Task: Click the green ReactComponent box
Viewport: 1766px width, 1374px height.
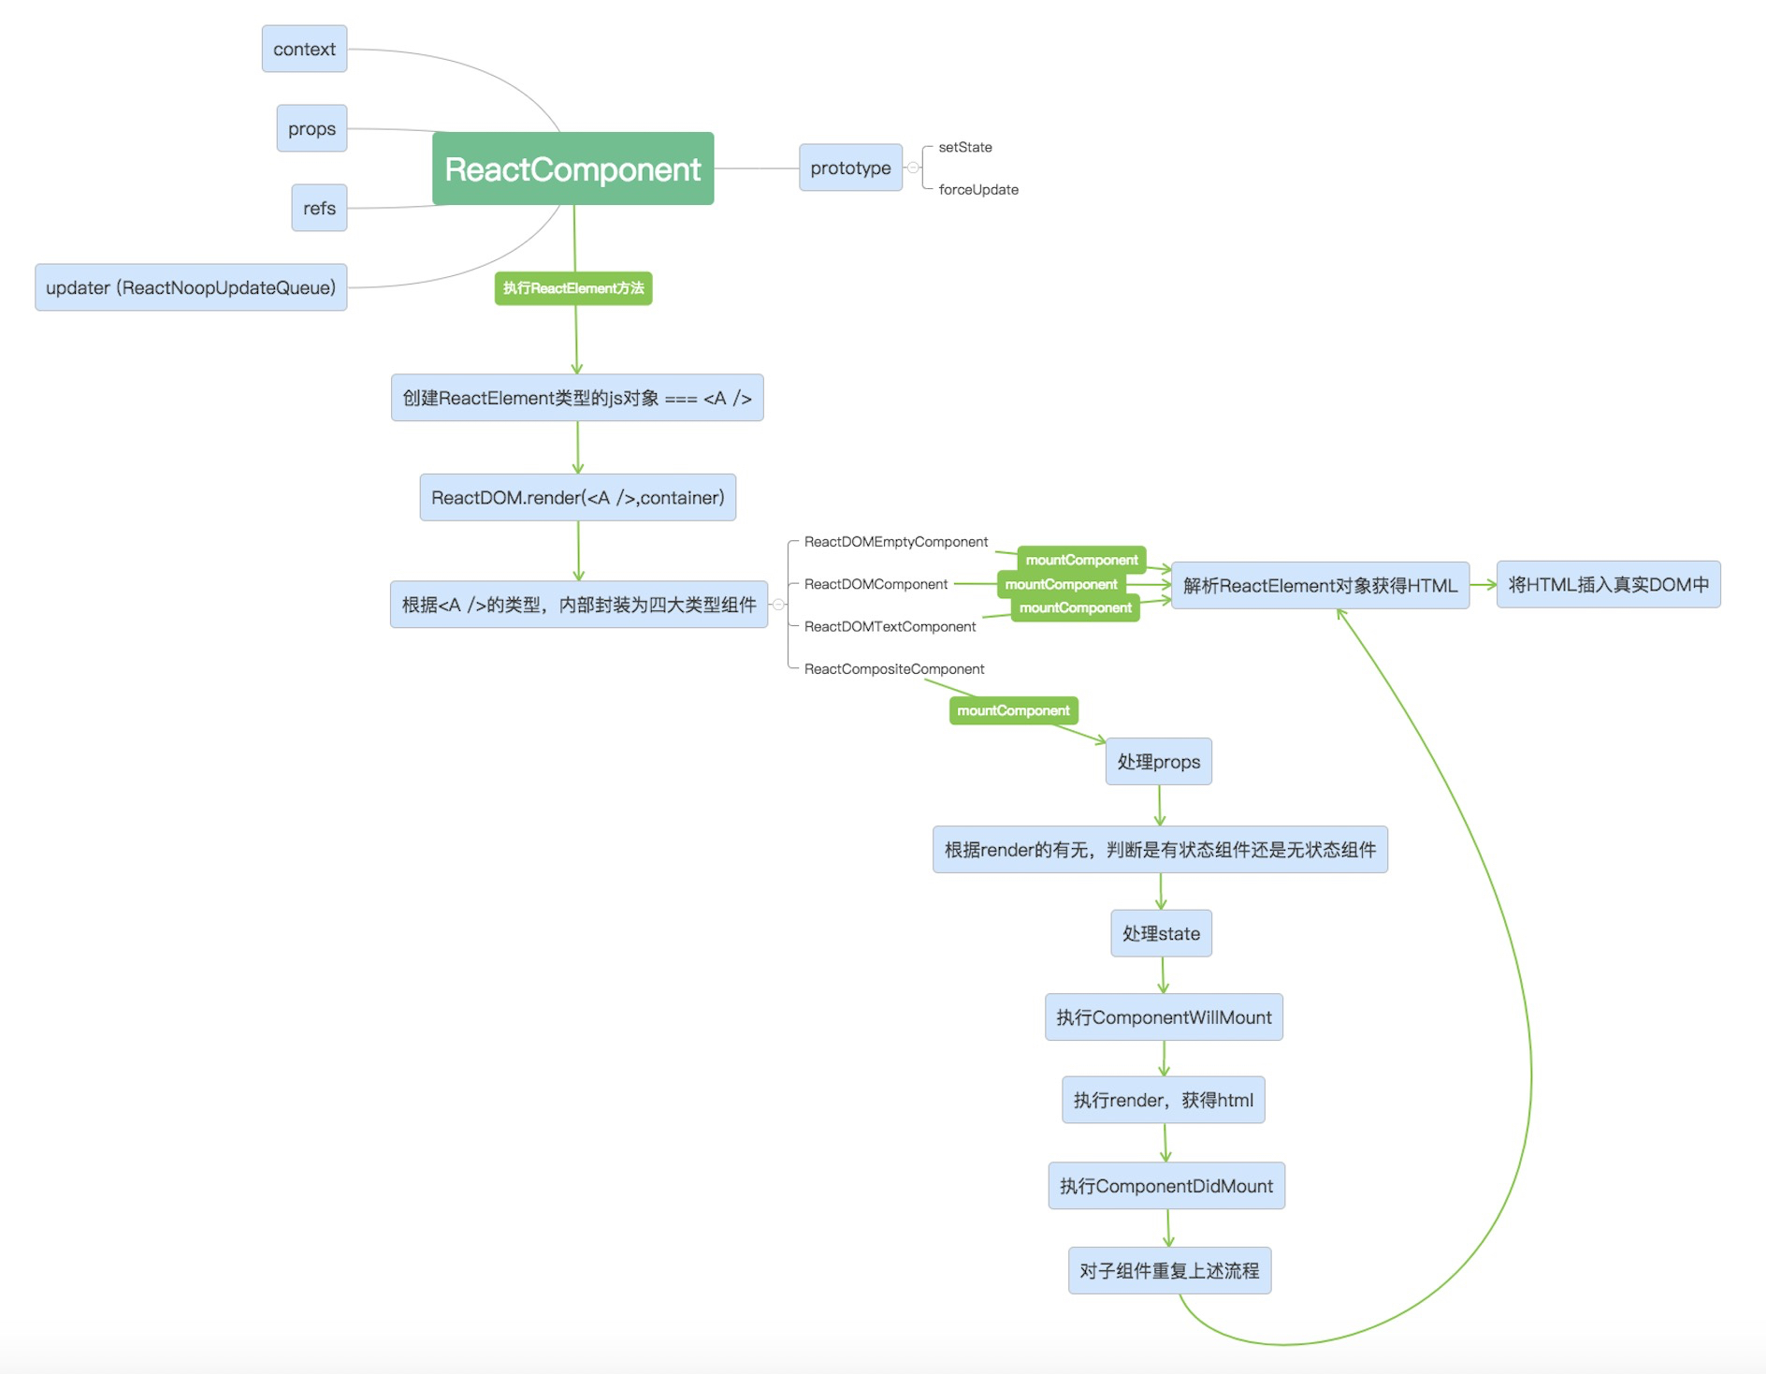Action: pyautogui.click(x=572, y=168)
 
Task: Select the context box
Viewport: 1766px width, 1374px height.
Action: pyautogui.click(x=304, y=49)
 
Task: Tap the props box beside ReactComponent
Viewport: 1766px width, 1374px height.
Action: pyautogui.click(x=311, y=128)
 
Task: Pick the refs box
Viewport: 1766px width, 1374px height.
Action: pyautogui.click(x=319, y=208)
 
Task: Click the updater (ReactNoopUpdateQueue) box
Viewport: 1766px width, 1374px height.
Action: pyautogui.click(x=191, y=287)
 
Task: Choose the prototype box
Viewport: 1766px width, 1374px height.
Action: pyautogui.click(x=850, y=168)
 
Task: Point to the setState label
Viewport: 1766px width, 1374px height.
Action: pyautogui.click(x=965, y=147)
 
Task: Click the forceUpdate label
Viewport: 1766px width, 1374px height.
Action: pyautogui.click(x=978, y=189)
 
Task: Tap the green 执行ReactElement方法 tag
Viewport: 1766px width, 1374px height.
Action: pyautogui.click(x=573, y=288)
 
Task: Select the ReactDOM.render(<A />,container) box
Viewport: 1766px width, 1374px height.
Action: pyautogui.click(x=578, y=497)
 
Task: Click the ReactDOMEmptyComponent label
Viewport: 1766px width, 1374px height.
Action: pyautogui.click(x=896, y=542)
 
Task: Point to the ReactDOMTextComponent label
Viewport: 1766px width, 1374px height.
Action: pyautogui.click(x=890, y=626)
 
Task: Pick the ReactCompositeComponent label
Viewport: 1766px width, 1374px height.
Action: pyautogui.click(x=894, y=668)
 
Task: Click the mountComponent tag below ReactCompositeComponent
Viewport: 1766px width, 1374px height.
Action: pyautogui.click(x=1014, y=710)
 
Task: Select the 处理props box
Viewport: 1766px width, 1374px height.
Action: pyautogui.click(x=1159, y=761)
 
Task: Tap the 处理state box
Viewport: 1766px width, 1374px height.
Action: pyautogui.click(x=1162, y=933)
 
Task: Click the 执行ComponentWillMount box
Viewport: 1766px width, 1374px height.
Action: pyautogui.click(x=1164, y=1016)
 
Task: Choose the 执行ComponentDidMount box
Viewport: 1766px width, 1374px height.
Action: pyautogui.click(x=1166, y=1186)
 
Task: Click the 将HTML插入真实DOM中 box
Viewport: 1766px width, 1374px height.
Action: pyautogui.click(x=1609, y=584)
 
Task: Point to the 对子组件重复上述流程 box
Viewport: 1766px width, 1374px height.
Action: pyautogui.click(x=1169, y=1270)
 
